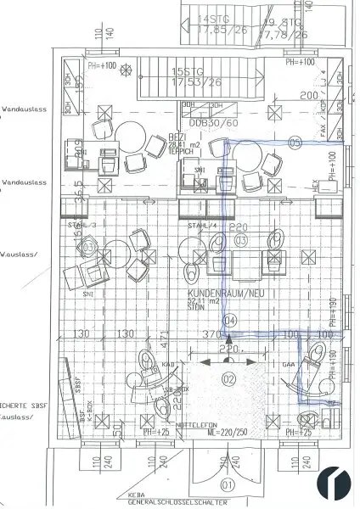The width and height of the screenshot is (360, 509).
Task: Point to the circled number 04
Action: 228,321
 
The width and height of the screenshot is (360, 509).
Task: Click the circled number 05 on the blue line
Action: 295,143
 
